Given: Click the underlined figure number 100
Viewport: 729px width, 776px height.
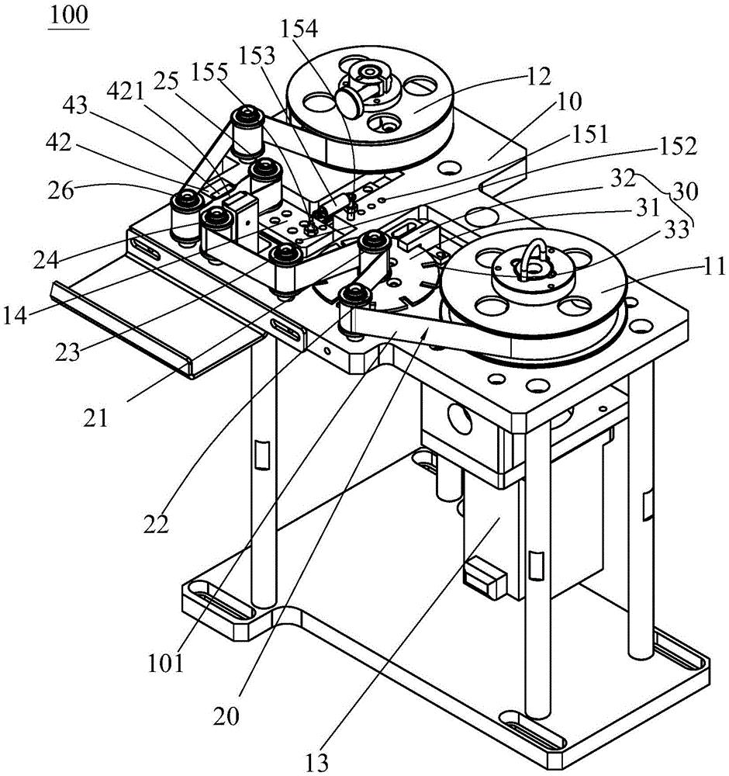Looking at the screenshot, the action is pyautogui.click(x=69, y=15).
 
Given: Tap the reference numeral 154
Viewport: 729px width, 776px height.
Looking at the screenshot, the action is pyautogui.click(x=299, y=29).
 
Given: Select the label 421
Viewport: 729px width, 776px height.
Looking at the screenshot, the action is pyautogui.click(x=126, y=92).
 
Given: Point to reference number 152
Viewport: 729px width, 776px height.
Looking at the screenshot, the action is pyautogui.click(x=678, y=146).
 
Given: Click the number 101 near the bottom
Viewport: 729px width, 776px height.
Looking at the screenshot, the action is pyautogui.click(x=166, y=663).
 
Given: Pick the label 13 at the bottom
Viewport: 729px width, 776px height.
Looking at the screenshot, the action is pyautogui.click(x=316, y=764).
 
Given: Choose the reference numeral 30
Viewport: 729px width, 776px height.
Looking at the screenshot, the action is pyautogui.click(x=685, y=191).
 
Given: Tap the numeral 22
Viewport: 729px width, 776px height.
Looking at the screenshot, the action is pyautogui.click(x=157, y=525).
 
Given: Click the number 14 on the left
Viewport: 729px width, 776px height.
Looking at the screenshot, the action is pyautogui.click(x=15, y=315).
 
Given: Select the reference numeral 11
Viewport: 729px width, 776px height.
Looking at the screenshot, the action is pyautogui.click(x=713, y=267).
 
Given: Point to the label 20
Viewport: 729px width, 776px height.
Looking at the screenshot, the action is pyautogui.click(x=226, y=716).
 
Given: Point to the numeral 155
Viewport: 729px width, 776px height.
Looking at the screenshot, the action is pyautogui.click(x=210, y=72).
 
